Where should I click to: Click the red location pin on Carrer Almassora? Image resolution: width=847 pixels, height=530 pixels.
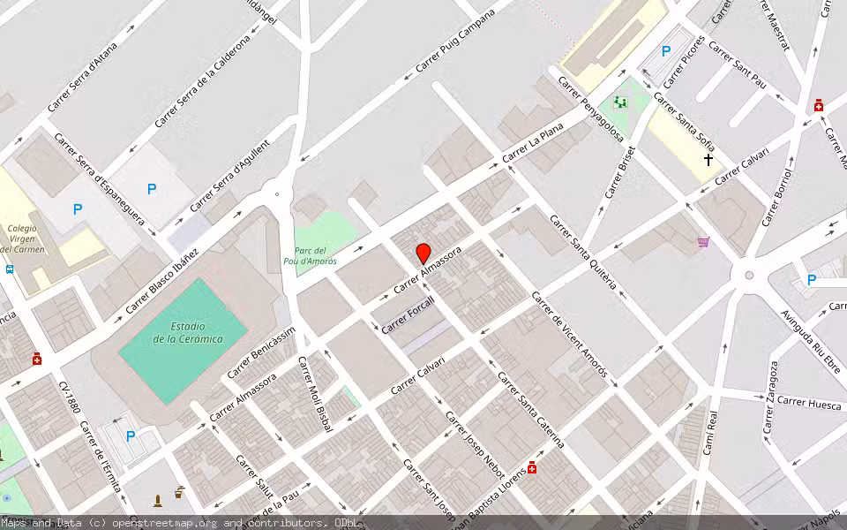coord(423,252)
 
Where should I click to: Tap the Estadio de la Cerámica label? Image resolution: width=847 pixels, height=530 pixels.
coord(184,332)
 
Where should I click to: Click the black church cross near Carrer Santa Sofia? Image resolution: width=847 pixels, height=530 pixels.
coord(708,160)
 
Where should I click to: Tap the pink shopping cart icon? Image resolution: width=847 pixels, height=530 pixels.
coord(703,241)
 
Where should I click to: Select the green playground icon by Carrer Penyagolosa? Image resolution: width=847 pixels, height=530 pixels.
coord(621,102)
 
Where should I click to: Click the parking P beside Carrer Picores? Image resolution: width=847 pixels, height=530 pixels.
coord(666,51)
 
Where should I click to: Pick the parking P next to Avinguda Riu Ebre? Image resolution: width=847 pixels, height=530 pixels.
coord(812,280)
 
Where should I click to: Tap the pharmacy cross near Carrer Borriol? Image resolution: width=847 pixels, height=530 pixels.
coord(819,106)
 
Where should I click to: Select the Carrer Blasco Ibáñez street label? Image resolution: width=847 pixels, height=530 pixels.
coord(162,280)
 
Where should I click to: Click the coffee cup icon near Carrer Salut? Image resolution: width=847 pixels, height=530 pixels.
coord(180,491)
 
